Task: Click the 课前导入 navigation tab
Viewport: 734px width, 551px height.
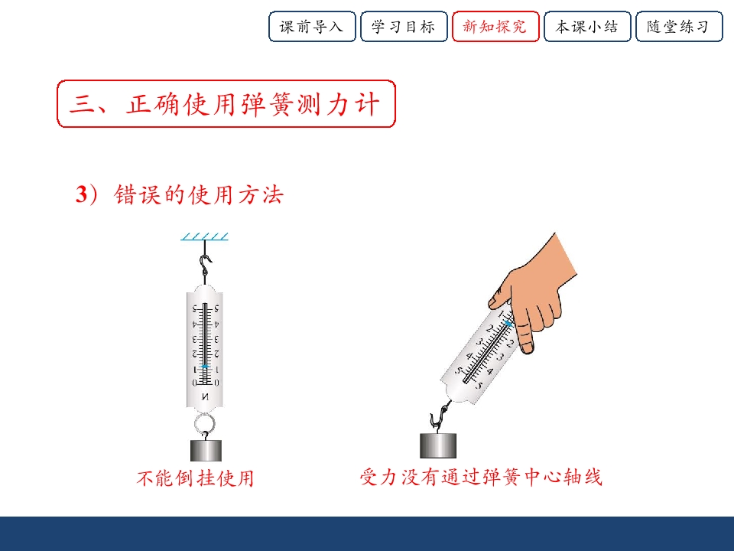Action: [312, 27]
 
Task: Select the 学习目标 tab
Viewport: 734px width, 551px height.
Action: [404, 27]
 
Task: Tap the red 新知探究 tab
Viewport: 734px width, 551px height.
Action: [495, 27]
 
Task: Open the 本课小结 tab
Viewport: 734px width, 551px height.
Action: [587, 27]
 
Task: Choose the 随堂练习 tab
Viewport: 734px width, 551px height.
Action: [679, 27]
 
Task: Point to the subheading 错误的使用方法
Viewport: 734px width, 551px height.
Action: [199, 194]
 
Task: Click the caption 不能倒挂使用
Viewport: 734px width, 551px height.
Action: [195, 478]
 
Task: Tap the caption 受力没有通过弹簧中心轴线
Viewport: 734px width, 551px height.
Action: [481, 477]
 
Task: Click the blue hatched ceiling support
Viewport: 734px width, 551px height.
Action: [205, 236]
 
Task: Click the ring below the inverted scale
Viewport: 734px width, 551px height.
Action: [205, 425]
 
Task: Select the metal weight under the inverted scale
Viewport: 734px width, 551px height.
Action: [206, 451]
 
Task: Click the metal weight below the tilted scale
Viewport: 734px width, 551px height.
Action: [438, 445]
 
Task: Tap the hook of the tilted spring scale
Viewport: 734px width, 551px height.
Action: [440, 416]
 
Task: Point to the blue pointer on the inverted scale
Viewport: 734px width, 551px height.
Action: [205, 367]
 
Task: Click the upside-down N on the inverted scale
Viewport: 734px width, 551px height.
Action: [205, 397]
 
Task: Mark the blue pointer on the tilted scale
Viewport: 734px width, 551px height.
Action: [509, 323]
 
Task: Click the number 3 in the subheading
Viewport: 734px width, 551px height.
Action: [82, 194]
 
